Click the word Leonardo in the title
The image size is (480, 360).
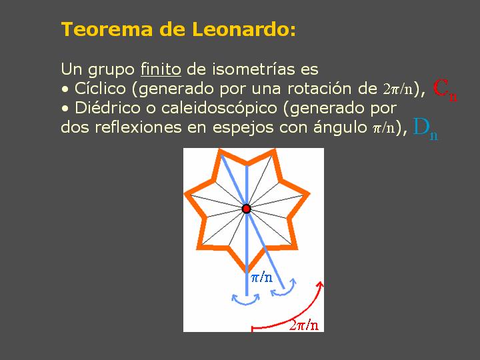click(x=244, y=29)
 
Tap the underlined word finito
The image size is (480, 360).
click(x=161, y=69)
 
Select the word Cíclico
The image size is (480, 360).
click(x=100, y=88)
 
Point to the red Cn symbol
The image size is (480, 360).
click(x=445, y=89)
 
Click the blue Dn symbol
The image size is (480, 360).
click(x=425, y=129)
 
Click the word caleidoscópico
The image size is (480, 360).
click(x=219, y=109)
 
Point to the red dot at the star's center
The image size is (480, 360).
click(x=247, y=209)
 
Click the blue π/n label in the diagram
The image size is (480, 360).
click(x=262, y=277)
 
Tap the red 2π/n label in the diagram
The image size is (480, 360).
click(x=304, y=325)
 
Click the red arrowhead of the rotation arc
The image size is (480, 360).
click(x=320, y=285)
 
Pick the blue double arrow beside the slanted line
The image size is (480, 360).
click(x=284, y=289)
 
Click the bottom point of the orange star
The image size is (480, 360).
click(x=247, y=273)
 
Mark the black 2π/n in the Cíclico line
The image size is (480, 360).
click(x=397, y=89)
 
